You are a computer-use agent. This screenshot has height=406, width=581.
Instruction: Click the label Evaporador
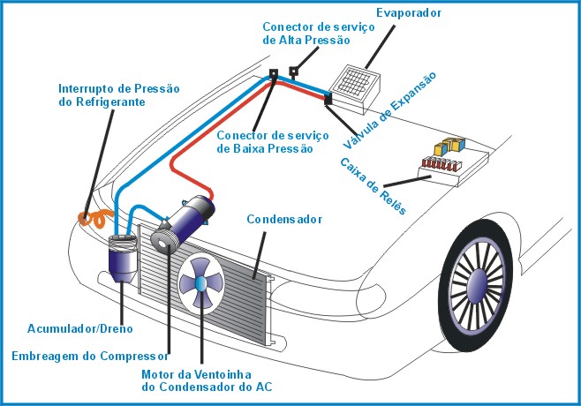[409, 13]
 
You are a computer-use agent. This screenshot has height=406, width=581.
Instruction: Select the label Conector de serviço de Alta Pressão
[318, 34]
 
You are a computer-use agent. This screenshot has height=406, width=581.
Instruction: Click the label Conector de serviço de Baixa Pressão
[273, 142]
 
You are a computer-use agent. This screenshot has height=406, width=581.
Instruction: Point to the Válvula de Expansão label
[389, 110]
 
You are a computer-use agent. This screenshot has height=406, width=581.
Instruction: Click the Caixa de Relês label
[373, 186]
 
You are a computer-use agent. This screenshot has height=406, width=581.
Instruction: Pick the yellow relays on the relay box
[449, 146]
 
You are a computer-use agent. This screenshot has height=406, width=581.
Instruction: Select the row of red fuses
[441, 163]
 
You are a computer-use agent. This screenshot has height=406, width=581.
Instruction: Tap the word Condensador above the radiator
[284, 219]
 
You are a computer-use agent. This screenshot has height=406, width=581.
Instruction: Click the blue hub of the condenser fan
[200, 283]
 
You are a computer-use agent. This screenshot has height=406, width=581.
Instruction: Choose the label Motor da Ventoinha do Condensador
[207, 380]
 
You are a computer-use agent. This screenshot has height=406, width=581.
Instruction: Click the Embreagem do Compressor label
[90, 357]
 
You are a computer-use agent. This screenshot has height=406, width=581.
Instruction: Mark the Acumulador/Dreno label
[80, 328]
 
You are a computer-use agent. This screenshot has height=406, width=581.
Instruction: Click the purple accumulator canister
[123, 259]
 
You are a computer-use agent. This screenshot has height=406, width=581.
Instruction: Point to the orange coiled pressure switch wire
[94, 218]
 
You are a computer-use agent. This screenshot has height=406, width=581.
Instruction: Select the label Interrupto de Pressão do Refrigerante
[119, 95]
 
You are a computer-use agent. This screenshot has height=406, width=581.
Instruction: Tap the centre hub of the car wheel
[476, 286]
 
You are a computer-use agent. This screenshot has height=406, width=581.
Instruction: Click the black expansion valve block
[328, 99]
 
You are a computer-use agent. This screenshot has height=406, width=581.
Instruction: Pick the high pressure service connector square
[293, 70]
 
